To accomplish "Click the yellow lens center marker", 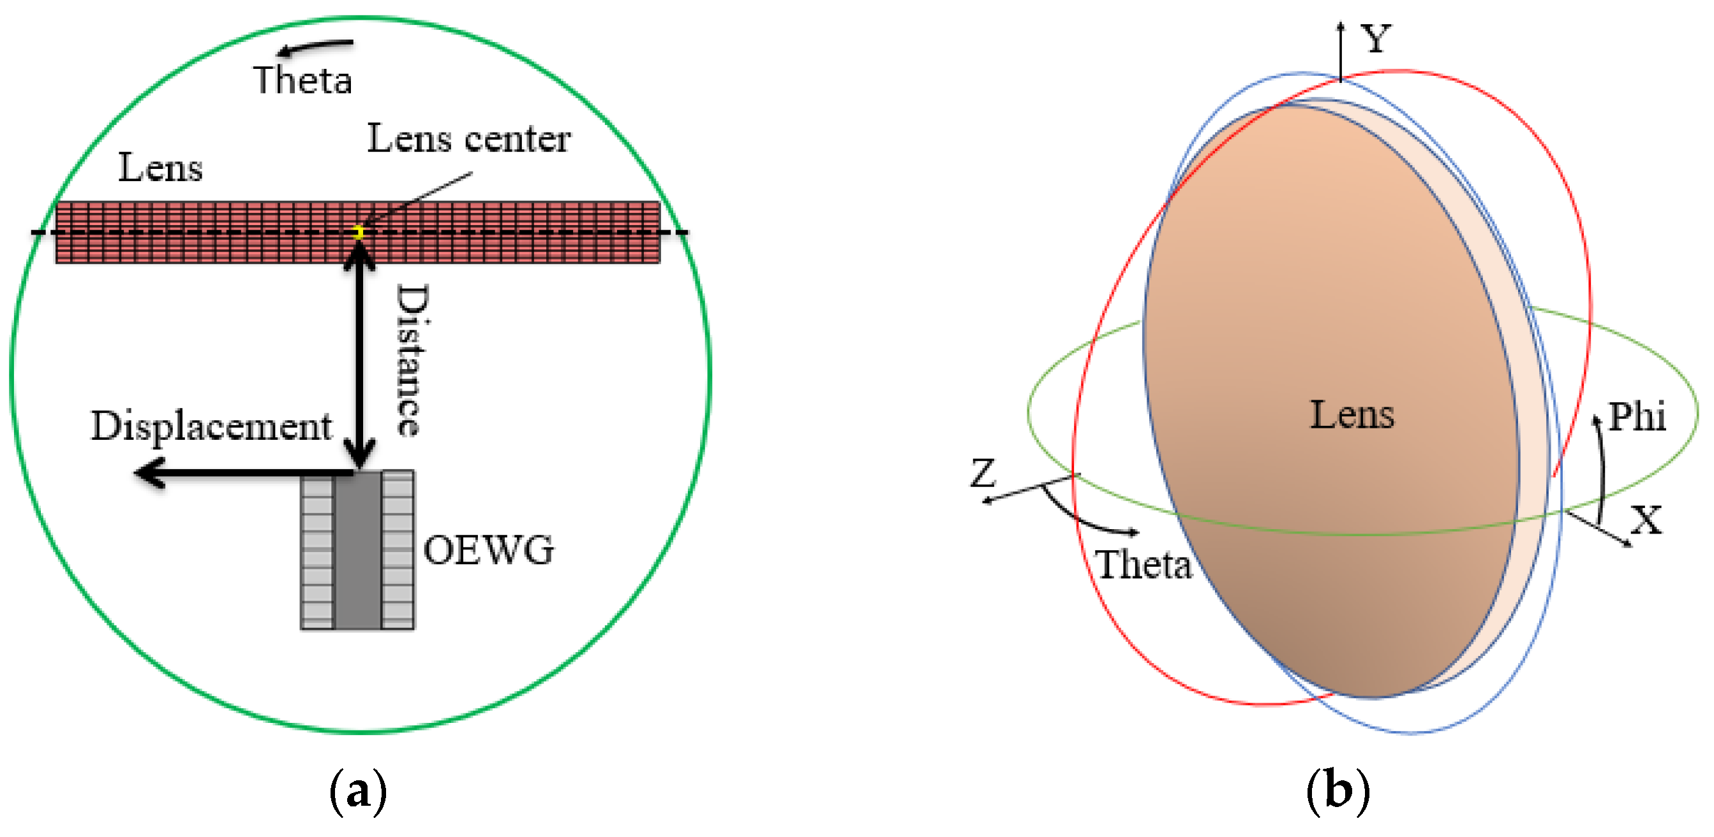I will (358, 232).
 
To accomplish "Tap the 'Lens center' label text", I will (468, 139).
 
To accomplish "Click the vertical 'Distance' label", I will (412, 360).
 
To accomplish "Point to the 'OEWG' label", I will (488, 551).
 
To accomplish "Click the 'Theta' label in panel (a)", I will (302, 80).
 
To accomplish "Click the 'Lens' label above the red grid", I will (160, 168).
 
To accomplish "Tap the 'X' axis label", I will (1646, 520).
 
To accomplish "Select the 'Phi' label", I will (1637, 417).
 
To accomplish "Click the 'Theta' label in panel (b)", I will (1143, 565).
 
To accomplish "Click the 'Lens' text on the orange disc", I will (1352, 416).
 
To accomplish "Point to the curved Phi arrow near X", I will (1601, 465).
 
